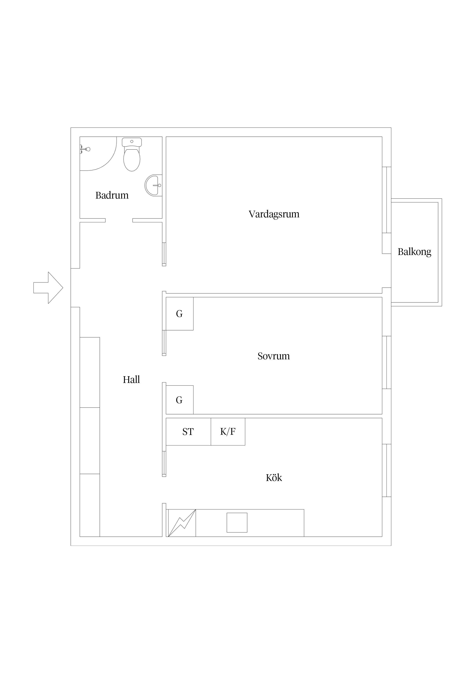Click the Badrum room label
[112, 195]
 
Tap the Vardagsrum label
[274, 214]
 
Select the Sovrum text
[274, 356]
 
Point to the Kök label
[274, 478]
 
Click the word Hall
[131, 380]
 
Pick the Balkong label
[414, 252]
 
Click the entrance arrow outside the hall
[48, 288]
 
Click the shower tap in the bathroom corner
[85, 149]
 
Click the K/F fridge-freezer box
[228, 432]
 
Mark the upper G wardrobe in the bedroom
[179, 314]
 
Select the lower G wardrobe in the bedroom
[179, 400]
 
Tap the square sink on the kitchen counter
[237, 523]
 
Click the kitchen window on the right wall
[387, 470]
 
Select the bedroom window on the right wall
[387, 362]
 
